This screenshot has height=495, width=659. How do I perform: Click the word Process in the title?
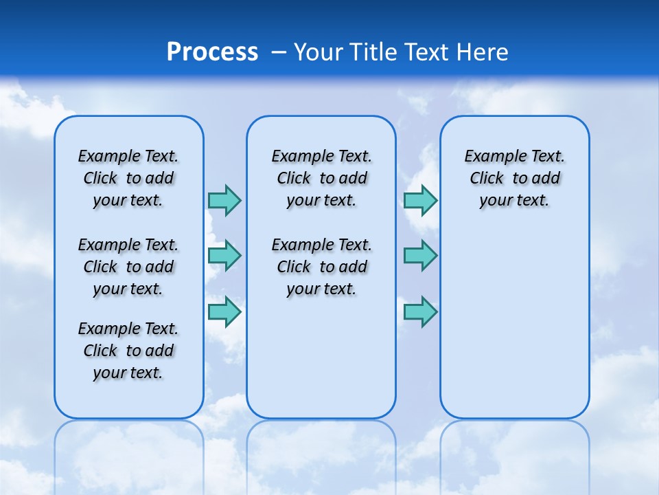tap(212, 52)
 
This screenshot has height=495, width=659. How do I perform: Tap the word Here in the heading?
tap(483, 52)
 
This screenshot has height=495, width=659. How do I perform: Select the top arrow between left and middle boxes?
tap(224, 200)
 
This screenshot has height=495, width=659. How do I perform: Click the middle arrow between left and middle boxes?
tap(224, 256)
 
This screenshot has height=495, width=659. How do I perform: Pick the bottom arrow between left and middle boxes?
tap(224, 311)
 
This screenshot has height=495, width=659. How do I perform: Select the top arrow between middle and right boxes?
tap(420, 200)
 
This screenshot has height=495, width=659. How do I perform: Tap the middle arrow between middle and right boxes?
tap(420, 256)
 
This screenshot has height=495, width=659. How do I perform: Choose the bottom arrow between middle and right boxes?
tap(420, 311)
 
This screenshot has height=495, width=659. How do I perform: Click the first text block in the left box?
tap(128, 178)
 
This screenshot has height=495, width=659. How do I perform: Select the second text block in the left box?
tap(128, 267)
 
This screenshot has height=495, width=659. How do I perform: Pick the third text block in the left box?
tap(128, 351)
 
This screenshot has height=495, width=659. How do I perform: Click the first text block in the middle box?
tap(321, 178)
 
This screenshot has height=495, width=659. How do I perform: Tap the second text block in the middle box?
tap(321, 267)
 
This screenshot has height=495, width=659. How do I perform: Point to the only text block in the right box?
tap(515, 178)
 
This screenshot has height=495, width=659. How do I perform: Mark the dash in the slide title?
tap(279, 52)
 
